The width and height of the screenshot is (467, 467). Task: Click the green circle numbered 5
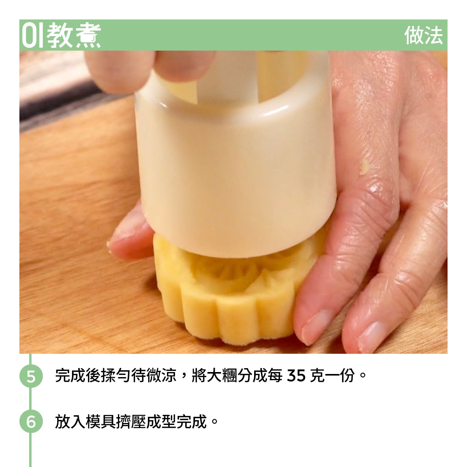click(x=31, y=376)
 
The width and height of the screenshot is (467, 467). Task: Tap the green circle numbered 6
click(x=31, y=421)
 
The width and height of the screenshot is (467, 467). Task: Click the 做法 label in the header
click(x=423, y=35)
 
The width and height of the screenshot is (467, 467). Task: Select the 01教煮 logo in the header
click(x=61, y=35)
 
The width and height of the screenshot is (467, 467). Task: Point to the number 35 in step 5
click(x=296, y=376)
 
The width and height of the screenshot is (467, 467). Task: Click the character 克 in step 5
click(x=317, y=376)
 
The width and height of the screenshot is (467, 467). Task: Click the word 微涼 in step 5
click(x=162, y=376)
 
